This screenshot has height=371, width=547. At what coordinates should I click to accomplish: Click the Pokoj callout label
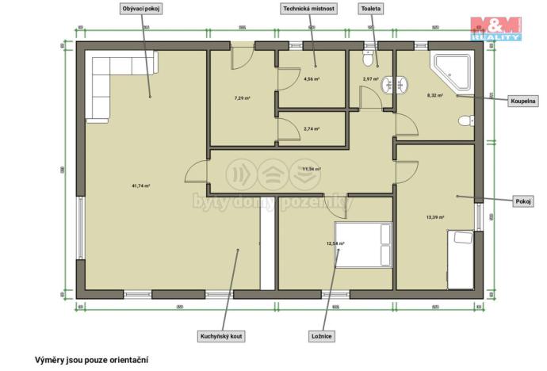(523, 201)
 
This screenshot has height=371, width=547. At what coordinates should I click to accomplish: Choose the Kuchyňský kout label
(222, 336)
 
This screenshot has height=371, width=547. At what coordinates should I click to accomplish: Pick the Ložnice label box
(322, 336)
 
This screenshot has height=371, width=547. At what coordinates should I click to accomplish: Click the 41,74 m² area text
(140, 185)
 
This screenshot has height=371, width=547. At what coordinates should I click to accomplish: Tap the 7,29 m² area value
(242, 98)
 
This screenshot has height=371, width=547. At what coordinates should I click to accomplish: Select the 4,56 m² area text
(312, 79)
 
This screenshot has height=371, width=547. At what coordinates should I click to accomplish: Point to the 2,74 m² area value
(312, 128)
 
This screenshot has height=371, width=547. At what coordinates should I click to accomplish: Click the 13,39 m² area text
(435, 216)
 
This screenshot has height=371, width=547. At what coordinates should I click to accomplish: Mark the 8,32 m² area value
(435, 95)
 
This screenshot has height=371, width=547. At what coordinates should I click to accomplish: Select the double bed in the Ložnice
(363, 245)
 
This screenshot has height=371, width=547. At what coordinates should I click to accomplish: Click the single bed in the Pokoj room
(460, 259)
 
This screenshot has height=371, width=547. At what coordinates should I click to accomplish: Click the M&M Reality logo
(495, 29)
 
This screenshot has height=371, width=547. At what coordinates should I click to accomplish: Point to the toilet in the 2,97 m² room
(367, 60)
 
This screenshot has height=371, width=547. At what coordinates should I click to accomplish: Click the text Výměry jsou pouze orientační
(91, 359)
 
